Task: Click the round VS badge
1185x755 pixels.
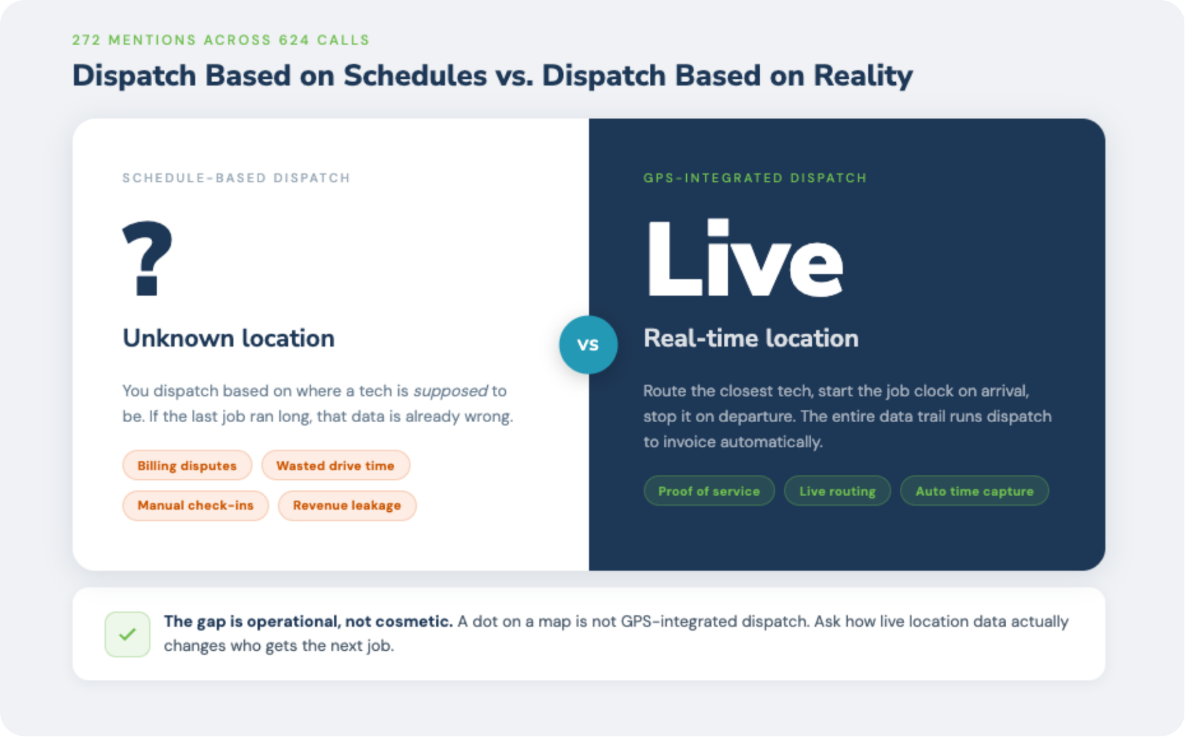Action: [588, 344]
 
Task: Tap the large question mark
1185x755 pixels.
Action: [147, 258]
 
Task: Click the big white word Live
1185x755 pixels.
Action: [745, 258]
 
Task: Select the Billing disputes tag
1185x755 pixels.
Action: [187, 466]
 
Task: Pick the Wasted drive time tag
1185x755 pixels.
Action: [336, 466]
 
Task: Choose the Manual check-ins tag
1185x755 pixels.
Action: [196, 505]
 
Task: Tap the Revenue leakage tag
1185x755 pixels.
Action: [347, 505]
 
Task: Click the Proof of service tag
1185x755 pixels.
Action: [709, 491]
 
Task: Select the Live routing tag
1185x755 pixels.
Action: [837, 491]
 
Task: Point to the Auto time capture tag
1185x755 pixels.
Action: [974, 491]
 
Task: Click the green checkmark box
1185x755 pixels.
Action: [127, 634]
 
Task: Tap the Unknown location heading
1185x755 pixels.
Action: [229, 339]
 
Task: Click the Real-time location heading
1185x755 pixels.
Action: [751, 339]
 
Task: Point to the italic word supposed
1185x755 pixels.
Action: [451, 391]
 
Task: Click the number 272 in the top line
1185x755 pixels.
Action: [86, 40]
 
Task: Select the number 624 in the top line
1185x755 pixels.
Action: [294, 40]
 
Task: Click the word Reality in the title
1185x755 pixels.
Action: [863, 76]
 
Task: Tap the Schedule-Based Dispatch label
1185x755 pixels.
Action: [236, 178]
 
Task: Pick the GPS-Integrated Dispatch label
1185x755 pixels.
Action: [755, 178]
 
